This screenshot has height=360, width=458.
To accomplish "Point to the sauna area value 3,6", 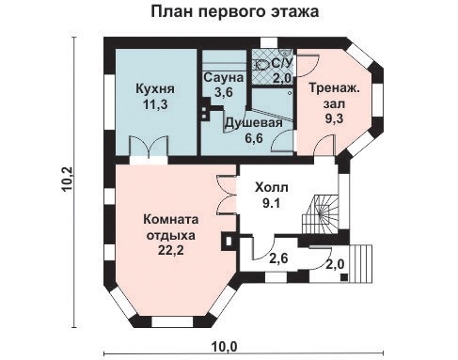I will [224, 92].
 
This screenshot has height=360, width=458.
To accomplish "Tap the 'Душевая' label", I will [253, 122].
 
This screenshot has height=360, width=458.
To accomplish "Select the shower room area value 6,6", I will [253, 138].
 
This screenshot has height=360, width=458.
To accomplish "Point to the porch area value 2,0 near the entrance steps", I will [336, 265].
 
